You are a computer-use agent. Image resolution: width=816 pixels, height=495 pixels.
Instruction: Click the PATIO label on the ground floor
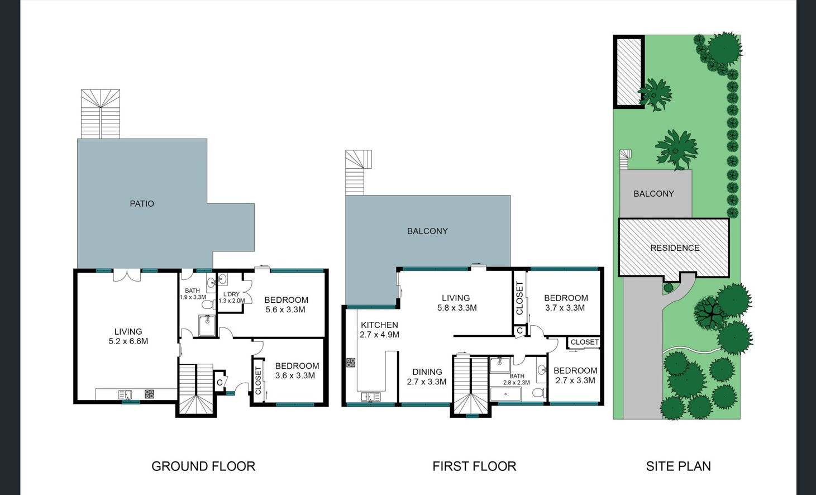click(142, 203)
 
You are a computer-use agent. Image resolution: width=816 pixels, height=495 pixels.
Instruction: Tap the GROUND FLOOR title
click(203, 466)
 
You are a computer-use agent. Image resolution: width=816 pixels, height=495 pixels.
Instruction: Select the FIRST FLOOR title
click(474, 466)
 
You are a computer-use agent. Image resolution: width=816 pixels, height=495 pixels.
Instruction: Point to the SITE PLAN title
click(678, 466)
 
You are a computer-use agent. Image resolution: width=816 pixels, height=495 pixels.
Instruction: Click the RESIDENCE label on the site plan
click(675, 248)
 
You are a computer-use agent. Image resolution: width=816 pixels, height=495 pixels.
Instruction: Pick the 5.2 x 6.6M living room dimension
click(128, 341)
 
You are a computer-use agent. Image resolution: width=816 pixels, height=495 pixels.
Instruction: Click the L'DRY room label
click(231, 294)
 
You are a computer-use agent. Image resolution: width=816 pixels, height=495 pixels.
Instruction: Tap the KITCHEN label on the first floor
click(379, 325)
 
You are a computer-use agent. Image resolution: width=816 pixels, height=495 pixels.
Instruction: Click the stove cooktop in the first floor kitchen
click(351, 363)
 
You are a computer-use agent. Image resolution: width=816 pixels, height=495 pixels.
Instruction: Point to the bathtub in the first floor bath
click(506, 394)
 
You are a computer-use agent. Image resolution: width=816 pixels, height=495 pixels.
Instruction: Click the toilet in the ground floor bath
click(208, 304)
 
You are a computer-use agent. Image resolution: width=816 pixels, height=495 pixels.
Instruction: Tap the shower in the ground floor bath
click(207, 325)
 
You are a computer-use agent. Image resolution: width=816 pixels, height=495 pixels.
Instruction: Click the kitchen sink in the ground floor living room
click(125, 394)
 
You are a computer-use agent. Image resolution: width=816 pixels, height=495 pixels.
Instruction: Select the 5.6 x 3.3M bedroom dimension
click(285, 310)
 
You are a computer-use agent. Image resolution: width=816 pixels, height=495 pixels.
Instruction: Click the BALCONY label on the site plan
click(653, 193)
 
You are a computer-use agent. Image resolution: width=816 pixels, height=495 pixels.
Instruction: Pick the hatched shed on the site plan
click(629, 72)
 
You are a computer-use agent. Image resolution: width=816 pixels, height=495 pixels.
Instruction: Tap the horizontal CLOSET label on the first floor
click(585, 342)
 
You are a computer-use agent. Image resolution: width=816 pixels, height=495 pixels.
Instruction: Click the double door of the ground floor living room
click(127, 275)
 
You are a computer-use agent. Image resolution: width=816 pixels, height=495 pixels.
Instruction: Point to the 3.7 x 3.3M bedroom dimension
click(565, 308)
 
